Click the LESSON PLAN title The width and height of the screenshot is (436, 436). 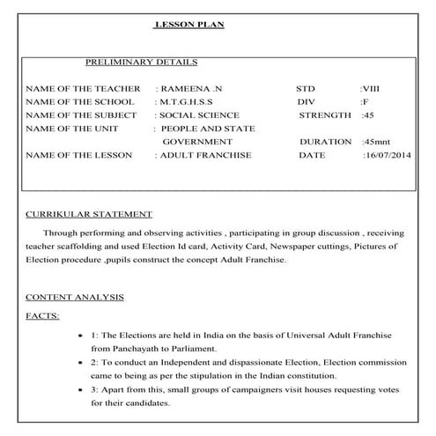[189, 25]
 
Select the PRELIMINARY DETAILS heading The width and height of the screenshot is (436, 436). [141, 63]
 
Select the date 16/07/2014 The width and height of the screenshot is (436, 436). [387, 155]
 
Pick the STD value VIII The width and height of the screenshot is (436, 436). [373, 90]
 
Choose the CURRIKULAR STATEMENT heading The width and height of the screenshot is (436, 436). [89, 214]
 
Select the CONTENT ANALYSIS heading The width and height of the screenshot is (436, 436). [75, 297]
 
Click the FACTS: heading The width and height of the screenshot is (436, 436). [42, 314]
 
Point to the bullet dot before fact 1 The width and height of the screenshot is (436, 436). [81, 337]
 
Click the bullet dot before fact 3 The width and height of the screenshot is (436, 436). [81, 389]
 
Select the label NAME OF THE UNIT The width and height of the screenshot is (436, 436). [79, 129]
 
